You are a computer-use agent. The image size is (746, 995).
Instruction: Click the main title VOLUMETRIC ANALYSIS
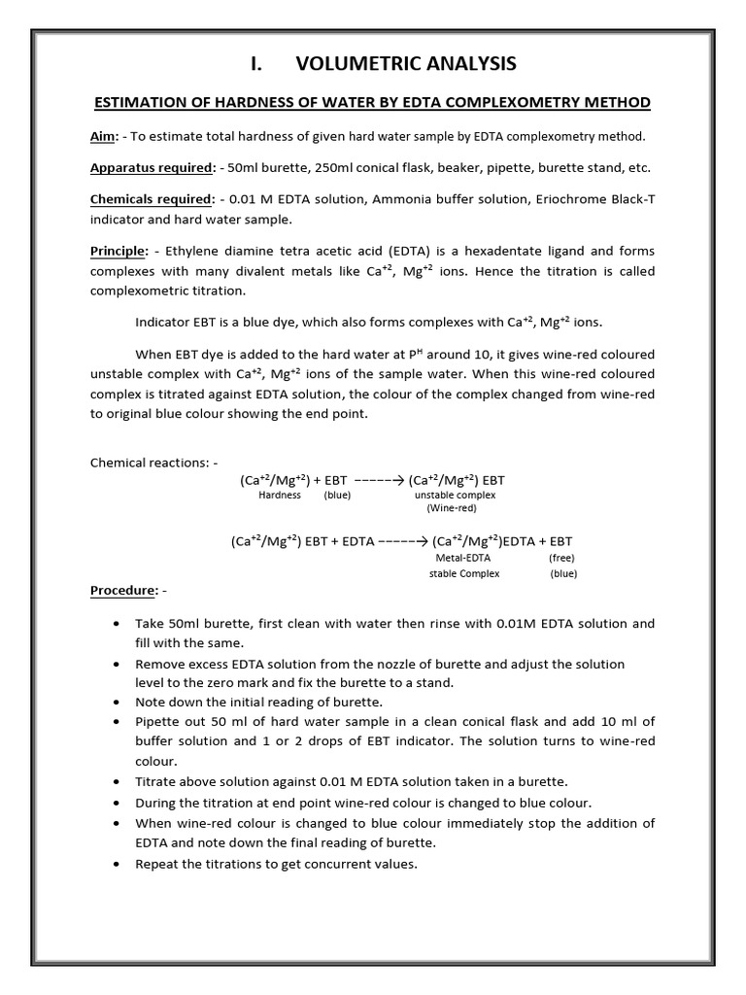(x=406, y=64)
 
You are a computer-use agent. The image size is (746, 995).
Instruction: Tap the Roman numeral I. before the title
(x=256, y=64)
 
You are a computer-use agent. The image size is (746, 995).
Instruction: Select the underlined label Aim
(x=102, y=135)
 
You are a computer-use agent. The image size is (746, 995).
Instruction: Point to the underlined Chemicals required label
(x=151, y=199)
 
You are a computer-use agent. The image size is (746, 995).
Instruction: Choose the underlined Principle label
(x=117, y=251)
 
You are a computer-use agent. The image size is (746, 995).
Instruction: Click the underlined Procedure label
(x=122, y=590)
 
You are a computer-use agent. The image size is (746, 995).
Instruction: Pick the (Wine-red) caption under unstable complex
(x=452, y=508)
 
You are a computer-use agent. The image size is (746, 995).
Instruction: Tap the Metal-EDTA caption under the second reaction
(x=463, y=559)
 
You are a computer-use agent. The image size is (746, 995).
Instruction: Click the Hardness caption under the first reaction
(x=280, y=495)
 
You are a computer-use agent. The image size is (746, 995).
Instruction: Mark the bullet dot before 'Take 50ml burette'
(x=117, y=624)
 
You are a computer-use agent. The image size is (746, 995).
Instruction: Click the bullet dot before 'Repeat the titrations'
(x=117, y=863)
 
